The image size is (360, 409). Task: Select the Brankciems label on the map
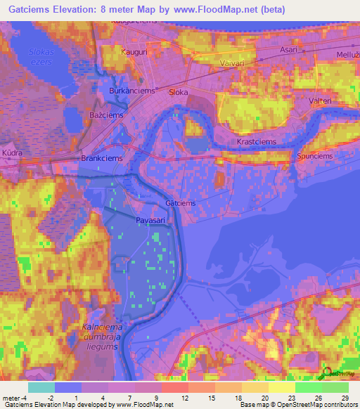[102, 158]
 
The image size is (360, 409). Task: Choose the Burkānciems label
[131, 91]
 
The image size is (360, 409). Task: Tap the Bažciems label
[106, 115]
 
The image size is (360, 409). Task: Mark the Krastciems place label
[256, 141]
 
